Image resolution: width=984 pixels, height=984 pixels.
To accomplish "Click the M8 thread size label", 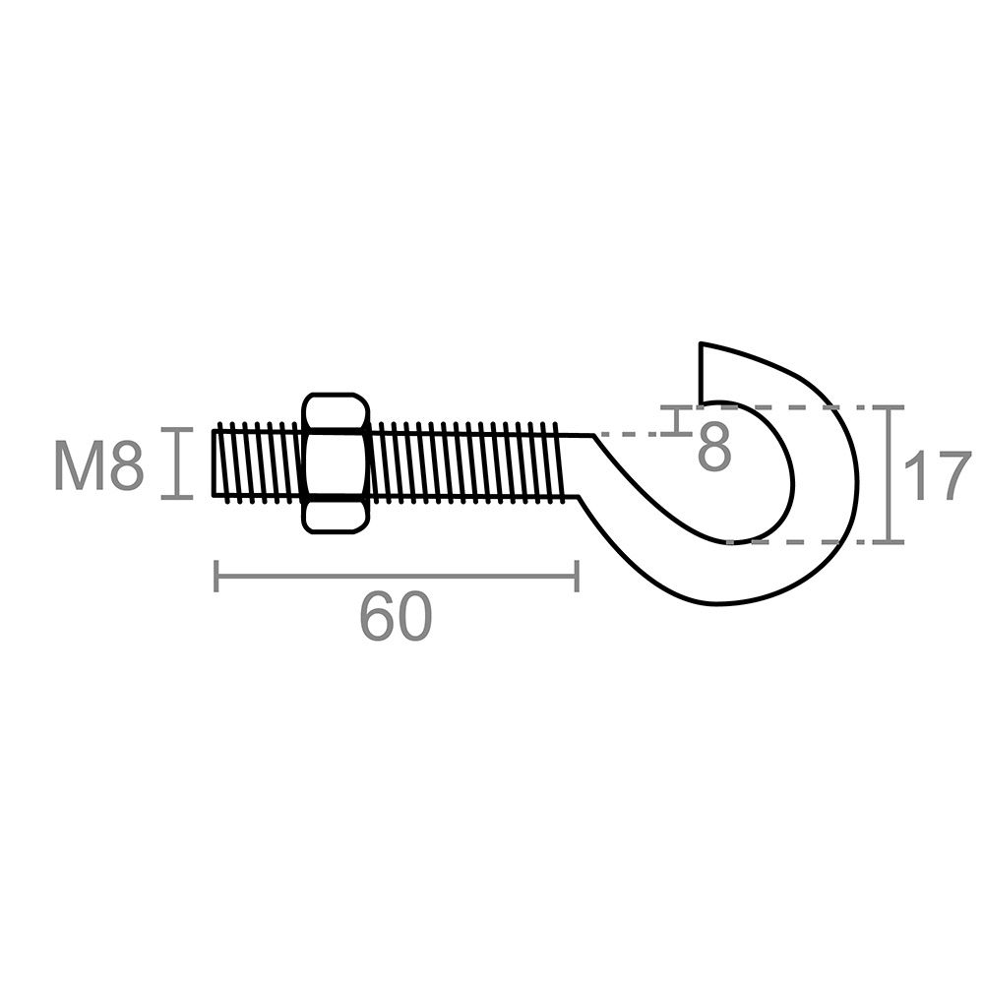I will tap(99, 465).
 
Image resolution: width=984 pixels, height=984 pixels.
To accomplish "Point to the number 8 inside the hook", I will tap(714, 448).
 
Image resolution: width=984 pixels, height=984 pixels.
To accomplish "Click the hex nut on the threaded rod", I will tap(336, 463).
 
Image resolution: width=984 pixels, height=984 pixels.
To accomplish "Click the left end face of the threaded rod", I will tap(214, 462).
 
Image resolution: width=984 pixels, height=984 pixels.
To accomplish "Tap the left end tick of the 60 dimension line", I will tap(215, 577).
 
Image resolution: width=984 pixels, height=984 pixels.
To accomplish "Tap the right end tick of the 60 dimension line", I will tap(577, 577).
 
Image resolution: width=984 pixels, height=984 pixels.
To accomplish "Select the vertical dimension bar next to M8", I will tap(177, 462).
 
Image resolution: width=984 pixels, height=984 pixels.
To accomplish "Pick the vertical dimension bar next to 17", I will tap(890, 474).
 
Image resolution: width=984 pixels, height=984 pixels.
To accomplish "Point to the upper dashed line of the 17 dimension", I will tap(787, 406).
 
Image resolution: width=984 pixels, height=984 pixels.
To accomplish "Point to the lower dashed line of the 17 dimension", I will tap(787, 541).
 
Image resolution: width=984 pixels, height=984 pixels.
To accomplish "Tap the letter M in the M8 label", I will tap(79, 465).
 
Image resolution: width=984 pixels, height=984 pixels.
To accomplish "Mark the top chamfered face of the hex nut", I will tap(336, 410).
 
